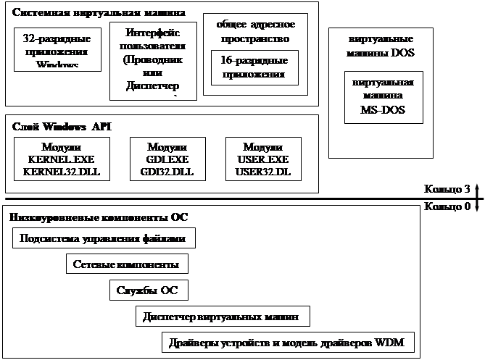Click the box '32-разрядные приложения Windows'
coord(57,49)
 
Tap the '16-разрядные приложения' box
coord(254,67)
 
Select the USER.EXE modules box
coord(262,159)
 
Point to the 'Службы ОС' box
coord(149,290)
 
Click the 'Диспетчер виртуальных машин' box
coord(223,317)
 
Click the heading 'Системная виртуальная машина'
coord(99,14)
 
